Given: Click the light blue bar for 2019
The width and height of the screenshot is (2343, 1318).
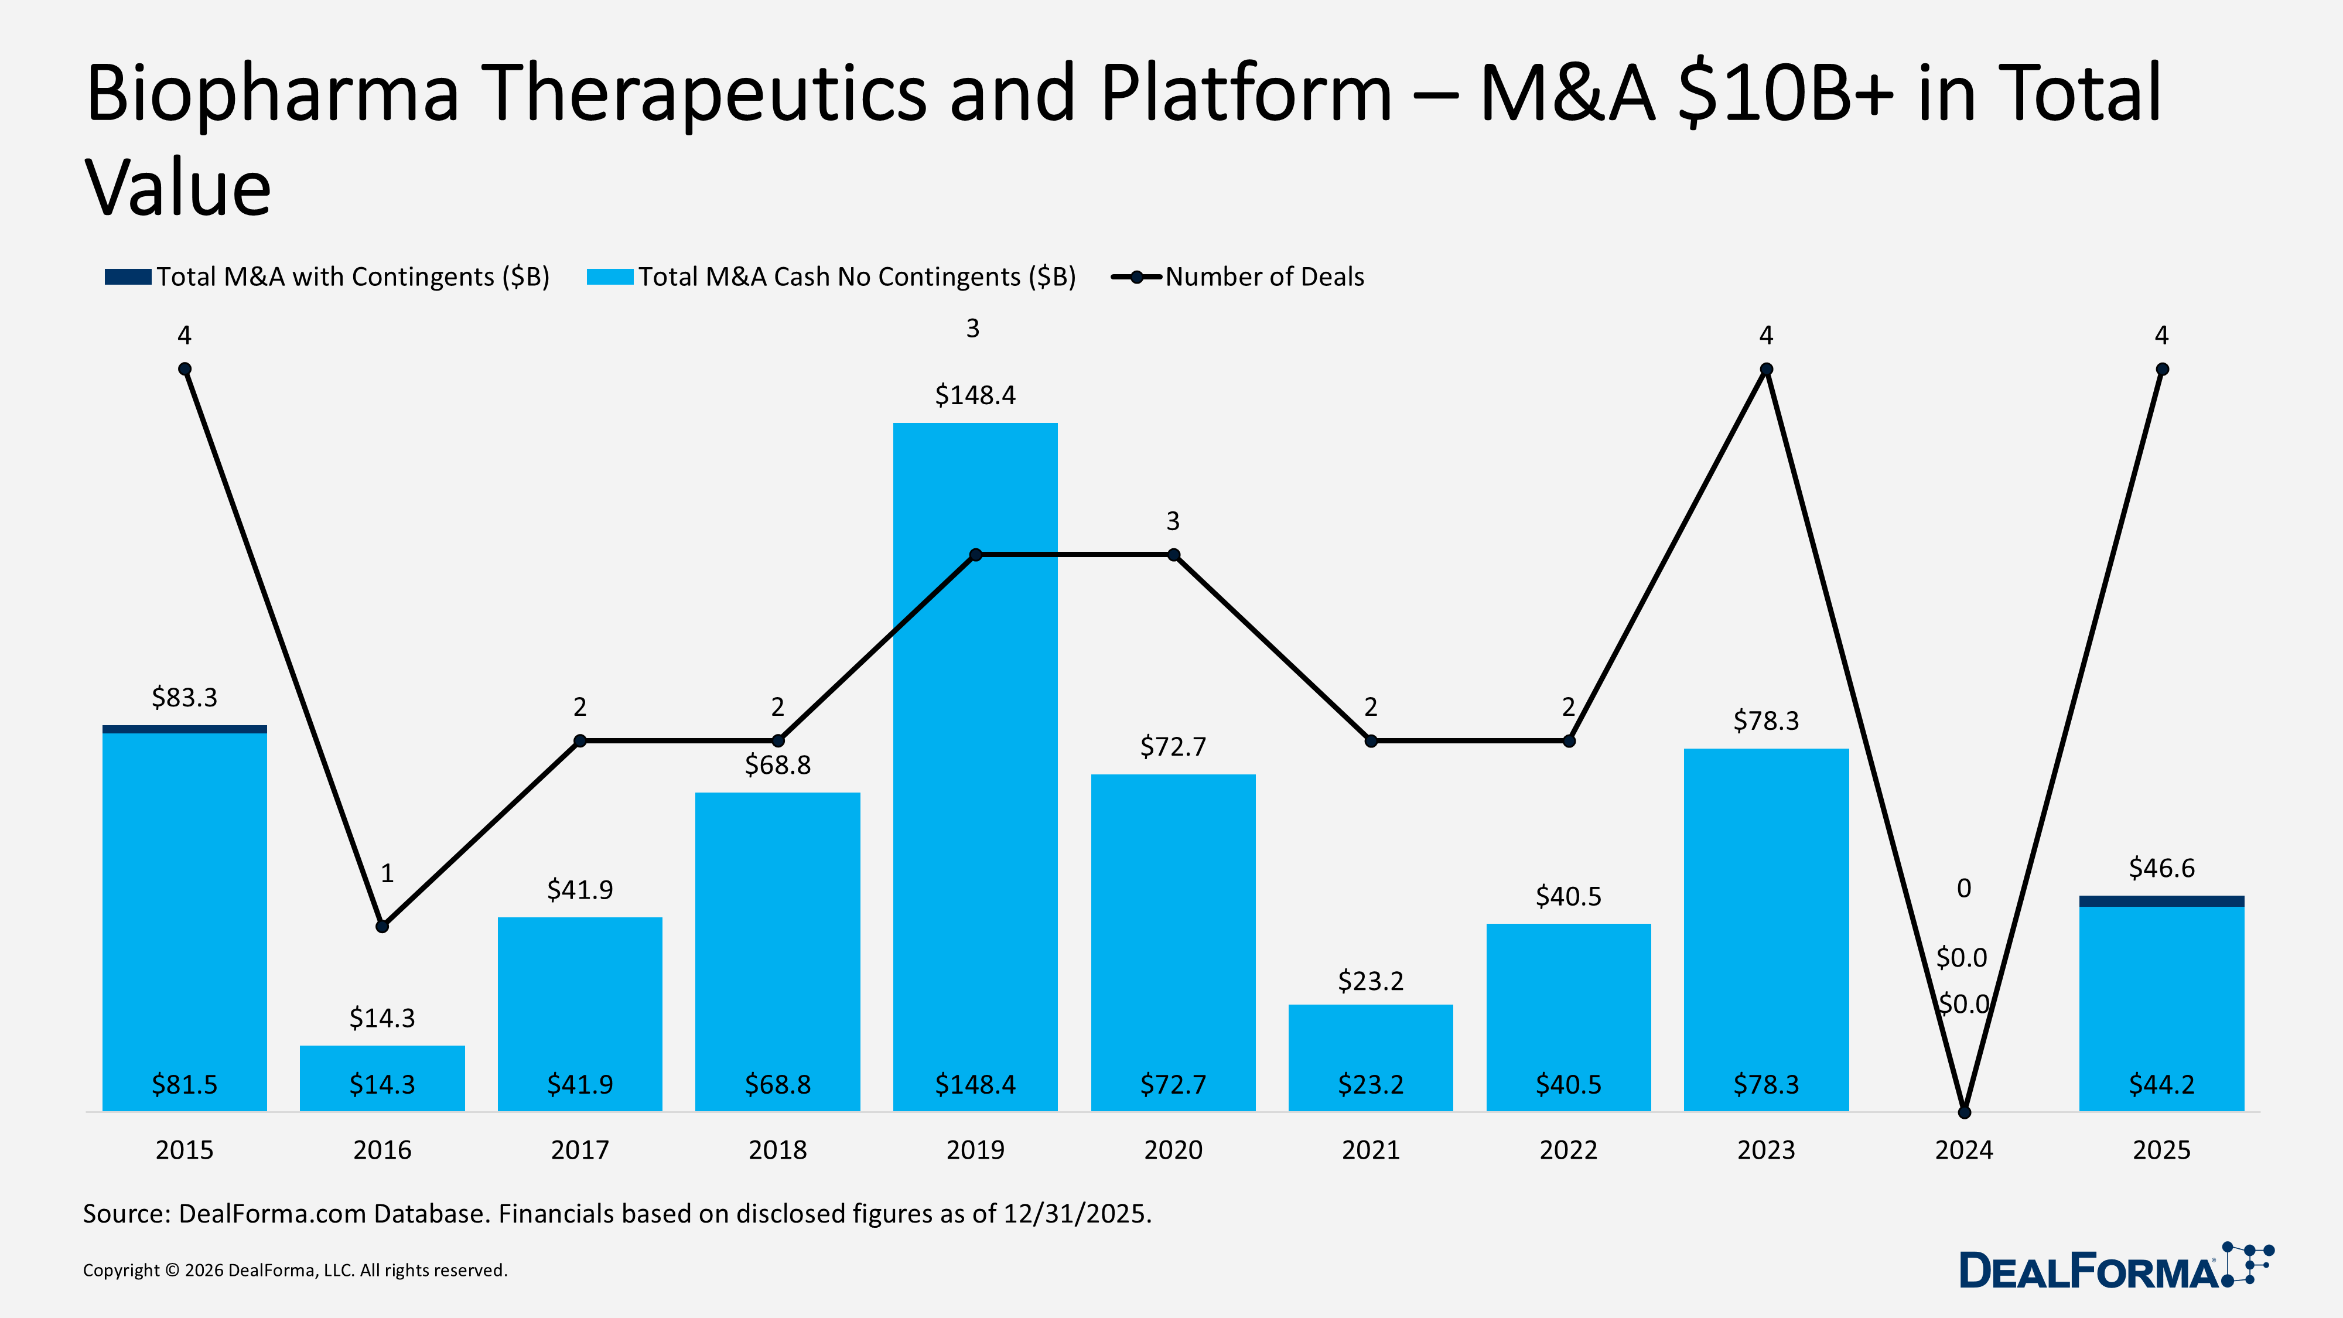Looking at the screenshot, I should click(x=975, y=819).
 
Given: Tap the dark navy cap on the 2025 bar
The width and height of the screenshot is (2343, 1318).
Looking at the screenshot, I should click(x=2161, y=900).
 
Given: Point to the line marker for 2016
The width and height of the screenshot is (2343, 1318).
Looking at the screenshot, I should click(x=382, y=926).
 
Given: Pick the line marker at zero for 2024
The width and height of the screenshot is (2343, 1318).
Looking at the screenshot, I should click(x=1963, y=1112).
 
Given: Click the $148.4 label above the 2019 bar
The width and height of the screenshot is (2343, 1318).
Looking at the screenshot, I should click(x=975, y=395).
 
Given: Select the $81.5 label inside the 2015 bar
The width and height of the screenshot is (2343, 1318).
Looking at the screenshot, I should click(x=185, y=1084).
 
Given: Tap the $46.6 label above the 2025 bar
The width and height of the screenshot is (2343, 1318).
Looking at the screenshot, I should click(x=2161, y=868).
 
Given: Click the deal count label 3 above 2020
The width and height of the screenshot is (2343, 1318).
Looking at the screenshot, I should click(x=1173, y=521).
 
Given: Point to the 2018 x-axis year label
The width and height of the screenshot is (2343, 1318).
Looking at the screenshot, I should click(x=778, y=1150).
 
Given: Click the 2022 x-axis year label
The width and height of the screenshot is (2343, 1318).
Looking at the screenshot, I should click(x=1568, y=1150).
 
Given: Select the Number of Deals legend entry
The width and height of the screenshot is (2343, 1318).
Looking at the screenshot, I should click(x=1264, y=276).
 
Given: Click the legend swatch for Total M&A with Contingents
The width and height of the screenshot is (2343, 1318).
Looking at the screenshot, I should click(x=127, y=276).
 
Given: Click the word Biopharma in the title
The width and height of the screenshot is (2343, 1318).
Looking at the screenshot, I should click(x=273, y=94).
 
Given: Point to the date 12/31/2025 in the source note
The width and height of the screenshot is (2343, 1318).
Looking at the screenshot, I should click(x=1076, y=1213).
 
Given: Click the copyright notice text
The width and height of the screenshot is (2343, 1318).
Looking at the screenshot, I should click(x=295, y=1270).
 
